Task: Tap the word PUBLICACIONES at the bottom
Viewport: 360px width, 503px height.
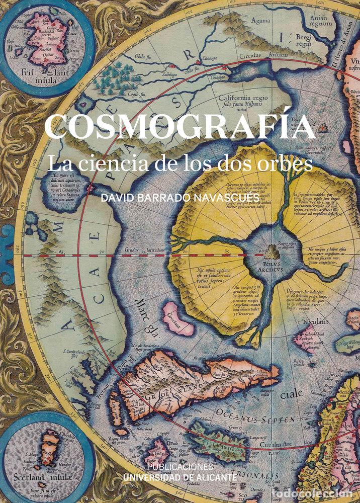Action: tap(179, 466)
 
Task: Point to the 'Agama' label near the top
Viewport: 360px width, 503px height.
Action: tap(260, 22)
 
